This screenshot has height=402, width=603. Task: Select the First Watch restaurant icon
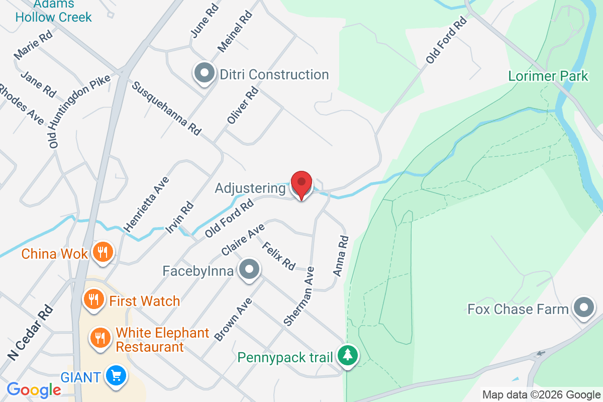[x=93, y=300]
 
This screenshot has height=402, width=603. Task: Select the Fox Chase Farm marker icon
[x=583, y=307]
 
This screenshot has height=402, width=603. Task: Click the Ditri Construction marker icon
[x=204, y=74]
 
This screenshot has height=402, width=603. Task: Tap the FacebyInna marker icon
[x=249, y=270]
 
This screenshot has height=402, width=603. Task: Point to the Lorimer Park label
[x=548, y=76]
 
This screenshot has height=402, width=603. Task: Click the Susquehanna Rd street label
[x=166, y=109]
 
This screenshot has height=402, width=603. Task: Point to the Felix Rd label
[x=278, y=256]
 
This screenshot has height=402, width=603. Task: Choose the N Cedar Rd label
[x=30, y=332]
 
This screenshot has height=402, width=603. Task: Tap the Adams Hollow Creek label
[x=54, y=11]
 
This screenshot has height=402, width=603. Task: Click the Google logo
[x=34, y=389]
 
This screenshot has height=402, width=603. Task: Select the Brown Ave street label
[x=233, y=320]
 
